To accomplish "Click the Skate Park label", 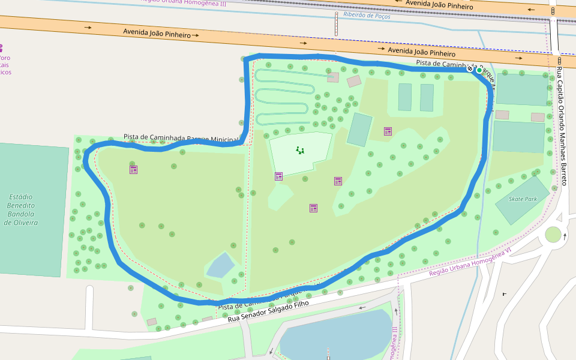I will point(522,199).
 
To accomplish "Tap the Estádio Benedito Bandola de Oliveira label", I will point(21,209).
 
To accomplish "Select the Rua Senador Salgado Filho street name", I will point(268,311).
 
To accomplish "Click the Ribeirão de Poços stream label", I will point(366,16).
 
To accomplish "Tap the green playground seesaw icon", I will point(300,150).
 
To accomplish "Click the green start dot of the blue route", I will point(479,70).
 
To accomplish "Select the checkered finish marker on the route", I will point(470,69).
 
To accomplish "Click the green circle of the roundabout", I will point(553,235).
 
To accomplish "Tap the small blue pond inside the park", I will point(220,265).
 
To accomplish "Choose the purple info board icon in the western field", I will point(133,169).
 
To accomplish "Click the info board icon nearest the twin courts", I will point(388,131).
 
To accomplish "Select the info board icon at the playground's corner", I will point(278,176).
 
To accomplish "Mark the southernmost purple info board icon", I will point(313,208).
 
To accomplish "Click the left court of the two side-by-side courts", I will point(405,97).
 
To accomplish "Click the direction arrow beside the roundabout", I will point(564,236).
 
